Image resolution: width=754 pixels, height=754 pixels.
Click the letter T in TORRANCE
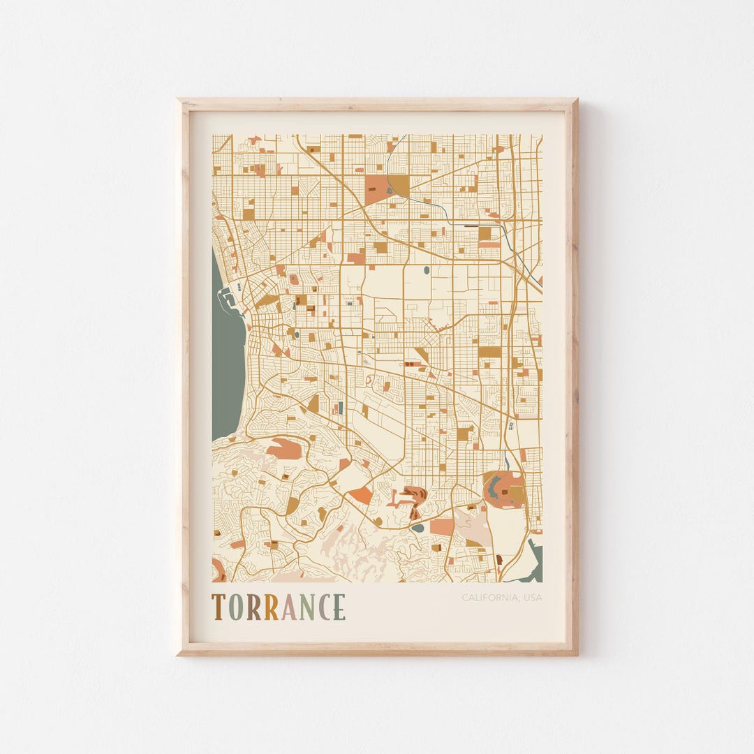coord(218,607)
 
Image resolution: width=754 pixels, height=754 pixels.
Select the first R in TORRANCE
coord(253,607)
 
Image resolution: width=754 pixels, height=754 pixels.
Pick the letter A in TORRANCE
coord(288,607)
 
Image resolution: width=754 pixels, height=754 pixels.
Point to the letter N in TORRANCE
coord(306,607)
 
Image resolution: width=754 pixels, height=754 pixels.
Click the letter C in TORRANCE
coord(323,607)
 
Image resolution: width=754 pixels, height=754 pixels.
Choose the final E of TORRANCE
coord(339,607)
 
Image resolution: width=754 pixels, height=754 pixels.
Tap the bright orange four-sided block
coord(361,495)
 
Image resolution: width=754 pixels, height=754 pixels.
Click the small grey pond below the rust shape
coord(417,528)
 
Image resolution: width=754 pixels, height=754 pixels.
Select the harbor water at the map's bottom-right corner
coord(534,562)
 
